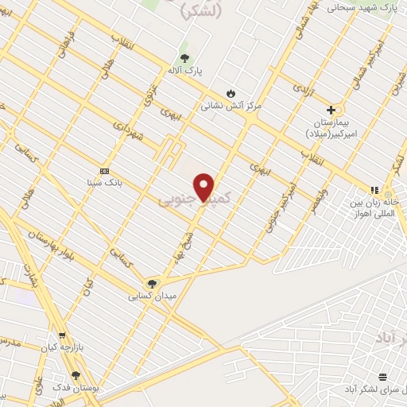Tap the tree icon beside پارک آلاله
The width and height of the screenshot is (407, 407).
185,58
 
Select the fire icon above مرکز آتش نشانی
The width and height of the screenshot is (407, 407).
231,92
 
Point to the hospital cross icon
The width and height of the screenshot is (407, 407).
331,110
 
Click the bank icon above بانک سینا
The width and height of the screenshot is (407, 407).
103,171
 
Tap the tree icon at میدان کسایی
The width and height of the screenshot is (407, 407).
151,283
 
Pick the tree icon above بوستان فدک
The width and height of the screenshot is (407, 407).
76,374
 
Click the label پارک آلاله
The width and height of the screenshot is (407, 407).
185,71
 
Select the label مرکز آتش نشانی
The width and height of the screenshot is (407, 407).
231,105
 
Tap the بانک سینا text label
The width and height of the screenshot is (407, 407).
103,182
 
